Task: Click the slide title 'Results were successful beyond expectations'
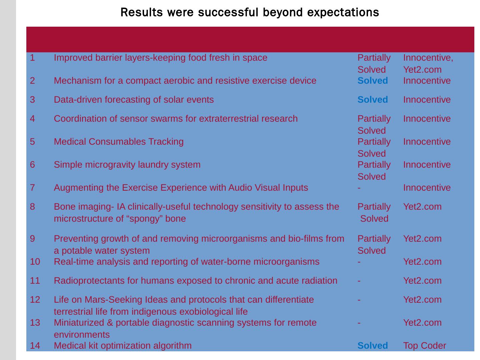pos(249,13)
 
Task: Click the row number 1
pos(32,58)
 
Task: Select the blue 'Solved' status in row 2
pos(372,81)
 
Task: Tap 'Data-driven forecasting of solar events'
pos(134,100)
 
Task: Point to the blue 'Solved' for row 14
pos(372,346)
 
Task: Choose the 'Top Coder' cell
pos(424,346)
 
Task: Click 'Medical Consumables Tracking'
pos(119,142)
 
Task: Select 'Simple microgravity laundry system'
pos(127,165)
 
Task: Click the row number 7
pos(32,188)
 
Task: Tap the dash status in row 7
pos(359,188)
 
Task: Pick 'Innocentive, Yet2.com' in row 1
pos(428,63)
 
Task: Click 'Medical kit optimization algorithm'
pos(123,346)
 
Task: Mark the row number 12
pos(35,300)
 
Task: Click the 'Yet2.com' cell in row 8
pos(422,207)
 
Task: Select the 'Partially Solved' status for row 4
pos(374,124)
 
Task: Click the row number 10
pos(35,262)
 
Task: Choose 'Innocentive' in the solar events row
pos(427,100)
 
